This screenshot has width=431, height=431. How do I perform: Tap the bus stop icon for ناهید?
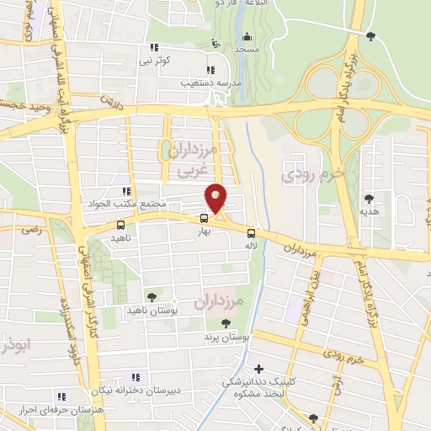(x=120, y=226)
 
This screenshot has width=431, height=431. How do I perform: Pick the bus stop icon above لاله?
(x=251, y=233)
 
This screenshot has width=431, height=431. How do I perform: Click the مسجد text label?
(x=247, y=51)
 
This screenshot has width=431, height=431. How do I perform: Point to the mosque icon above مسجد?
(x=247, y=37)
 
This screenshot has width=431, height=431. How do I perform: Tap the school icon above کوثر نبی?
(x=152, y=48)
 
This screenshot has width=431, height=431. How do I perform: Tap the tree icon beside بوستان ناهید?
(x=152, y=296)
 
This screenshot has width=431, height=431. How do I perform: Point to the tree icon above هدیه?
(x=369, y=199)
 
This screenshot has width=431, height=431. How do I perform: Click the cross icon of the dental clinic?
(x=258, y=369)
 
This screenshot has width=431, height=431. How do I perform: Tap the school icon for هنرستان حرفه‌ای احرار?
(x=61, y=396)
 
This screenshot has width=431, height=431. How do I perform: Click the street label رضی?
(x=31, y=229)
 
